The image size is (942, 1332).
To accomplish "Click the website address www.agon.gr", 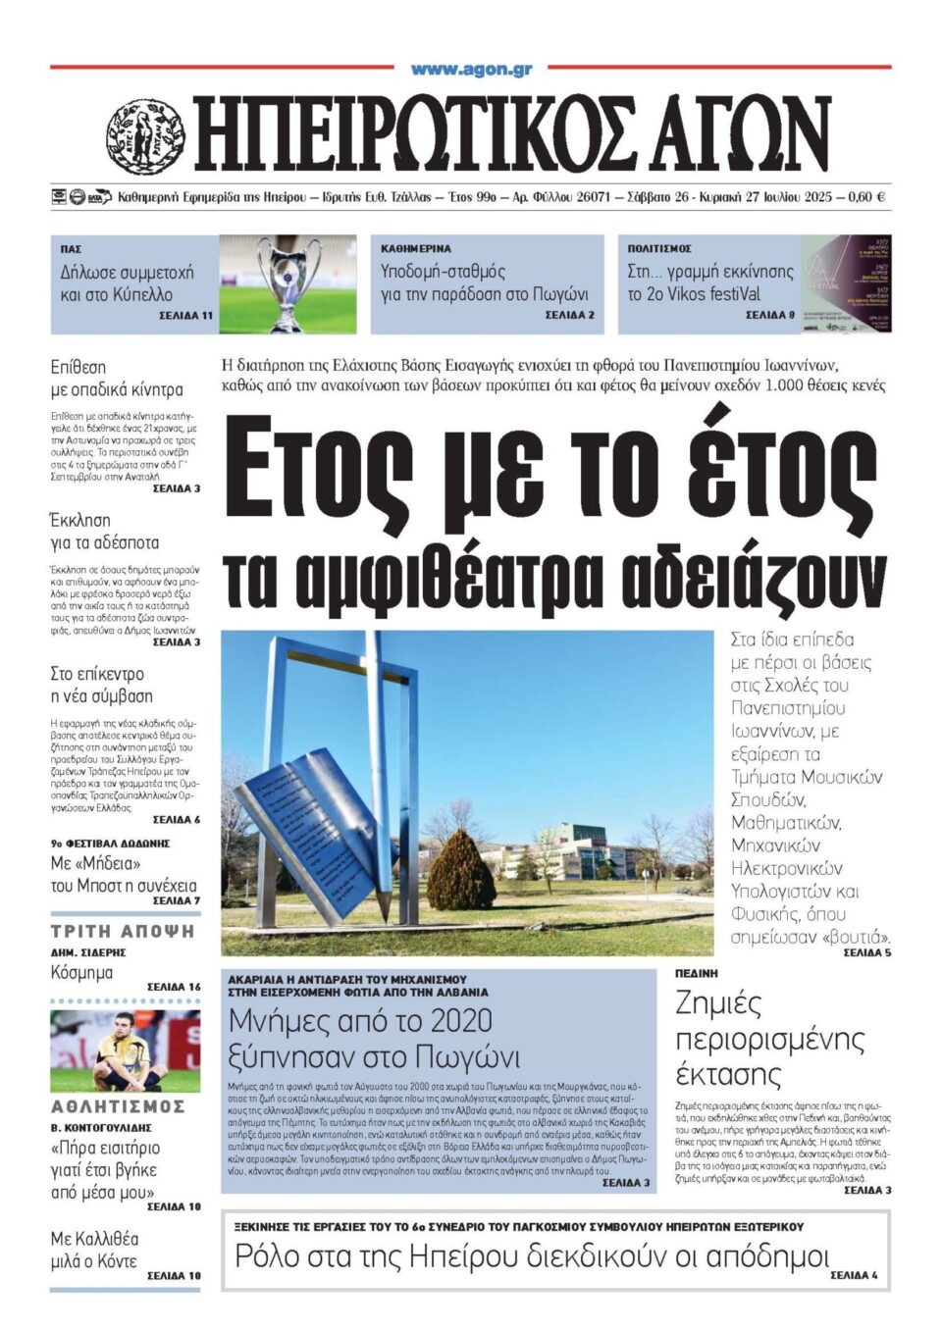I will [471, 69].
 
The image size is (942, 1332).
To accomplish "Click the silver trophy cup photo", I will [287, 283].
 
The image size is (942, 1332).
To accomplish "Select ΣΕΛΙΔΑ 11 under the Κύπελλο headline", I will [185, 316].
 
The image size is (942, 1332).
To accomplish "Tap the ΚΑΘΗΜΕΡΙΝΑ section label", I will [416, 249].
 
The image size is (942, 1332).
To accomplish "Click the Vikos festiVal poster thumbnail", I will [846, 283].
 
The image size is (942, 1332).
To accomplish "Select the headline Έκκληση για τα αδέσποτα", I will [104, 532].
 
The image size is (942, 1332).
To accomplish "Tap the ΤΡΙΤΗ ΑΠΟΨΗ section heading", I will [123, 931].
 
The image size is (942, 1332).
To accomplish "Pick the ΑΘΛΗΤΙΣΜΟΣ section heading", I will [118, 1106].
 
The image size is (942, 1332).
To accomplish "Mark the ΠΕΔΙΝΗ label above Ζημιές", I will [697, 973].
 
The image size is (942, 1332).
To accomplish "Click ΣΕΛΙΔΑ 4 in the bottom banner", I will [854, 1275].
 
